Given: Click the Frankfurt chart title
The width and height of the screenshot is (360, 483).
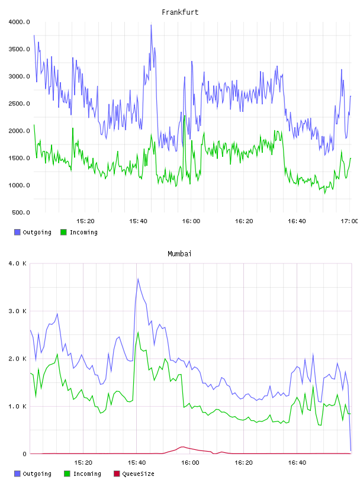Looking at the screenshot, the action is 180,12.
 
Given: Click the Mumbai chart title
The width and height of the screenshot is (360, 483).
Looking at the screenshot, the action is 179,253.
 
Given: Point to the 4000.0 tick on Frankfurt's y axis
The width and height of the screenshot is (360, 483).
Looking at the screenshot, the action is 19,22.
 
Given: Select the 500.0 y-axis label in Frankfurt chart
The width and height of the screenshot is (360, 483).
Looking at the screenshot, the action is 21,212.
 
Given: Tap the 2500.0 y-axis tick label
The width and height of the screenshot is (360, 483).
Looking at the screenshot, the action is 19,104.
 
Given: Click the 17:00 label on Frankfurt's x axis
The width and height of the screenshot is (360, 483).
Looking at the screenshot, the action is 349,221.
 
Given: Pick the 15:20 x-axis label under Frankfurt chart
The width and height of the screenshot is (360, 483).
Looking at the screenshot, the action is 85,221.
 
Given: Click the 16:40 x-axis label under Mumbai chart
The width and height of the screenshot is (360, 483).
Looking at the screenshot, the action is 297,462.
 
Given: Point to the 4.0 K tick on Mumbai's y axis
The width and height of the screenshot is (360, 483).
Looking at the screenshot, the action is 17,263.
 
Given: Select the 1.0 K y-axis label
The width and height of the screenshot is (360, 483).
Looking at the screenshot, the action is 17,406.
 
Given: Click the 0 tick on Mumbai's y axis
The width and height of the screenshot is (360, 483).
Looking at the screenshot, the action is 24,454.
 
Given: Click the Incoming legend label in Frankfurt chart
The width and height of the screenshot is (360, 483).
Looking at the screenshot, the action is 83,232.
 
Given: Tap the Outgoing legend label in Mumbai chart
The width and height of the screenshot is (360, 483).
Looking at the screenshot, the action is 37,474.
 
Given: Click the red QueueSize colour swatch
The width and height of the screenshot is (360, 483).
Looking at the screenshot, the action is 117,474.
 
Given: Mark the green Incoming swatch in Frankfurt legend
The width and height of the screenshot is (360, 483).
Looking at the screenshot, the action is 63,232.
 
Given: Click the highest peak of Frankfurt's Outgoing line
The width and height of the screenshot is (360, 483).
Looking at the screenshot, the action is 151,25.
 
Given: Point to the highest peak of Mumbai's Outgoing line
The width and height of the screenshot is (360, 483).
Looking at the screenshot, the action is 138,279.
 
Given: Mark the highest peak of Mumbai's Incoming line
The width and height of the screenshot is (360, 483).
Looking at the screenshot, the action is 138,332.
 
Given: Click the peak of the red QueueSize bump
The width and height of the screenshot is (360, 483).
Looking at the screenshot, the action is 182,447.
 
